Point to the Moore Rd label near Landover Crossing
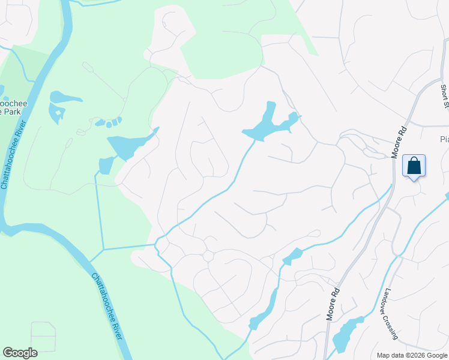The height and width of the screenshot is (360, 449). [x=334, y=304]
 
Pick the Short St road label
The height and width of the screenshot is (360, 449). [x=445, y=96]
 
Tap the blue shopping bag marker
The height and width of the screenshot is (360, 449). [x=414, y=165]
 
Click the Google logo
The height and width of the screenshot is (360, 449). [x=20, y=353]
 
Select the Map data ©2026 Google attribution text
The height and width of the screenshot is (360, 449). [x=411, y=355]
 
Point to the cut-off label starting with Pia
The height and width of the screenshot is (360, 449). [x=444, y=139]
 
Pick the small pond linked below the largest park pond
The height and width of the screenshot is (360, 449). [x=106, y=164]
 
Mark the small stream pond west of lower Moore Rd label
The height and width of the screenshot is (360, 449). [x=293, y=256]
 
